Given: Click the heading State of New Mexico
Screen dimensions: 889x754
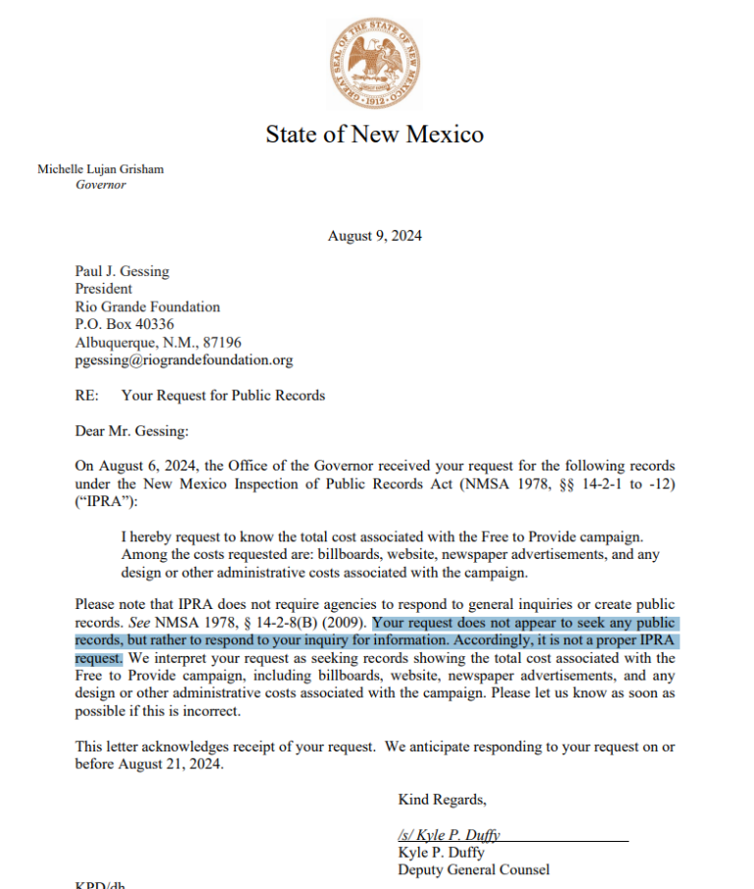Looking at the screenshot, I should pos(374,135).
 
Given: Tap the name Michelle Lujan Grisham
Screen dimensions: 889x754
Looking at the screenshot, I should pos(101,169).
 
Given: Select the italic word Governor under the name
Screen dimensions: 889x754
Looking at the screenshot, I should pos(101,185).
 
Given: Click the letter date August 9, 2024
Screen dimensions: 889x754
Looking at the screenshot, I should pos(375,236).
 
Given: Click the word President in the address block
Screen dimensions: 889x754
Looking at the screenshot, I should pos(103,289).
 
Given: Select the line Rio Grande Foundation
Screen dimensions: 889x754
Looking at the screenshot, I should pos(147,306).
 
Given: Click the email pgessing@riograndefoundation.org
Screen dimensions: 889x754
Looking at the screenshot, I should pos(184,360).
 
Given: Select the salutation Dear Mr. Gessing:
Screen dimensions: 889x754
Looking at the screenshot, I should pos(131,430).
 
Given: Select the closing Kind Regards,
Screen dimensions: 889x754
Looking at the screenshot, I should pos(442,799).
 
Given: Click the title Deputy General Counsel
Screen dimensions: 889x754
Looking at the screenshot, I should pos(473,869).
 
